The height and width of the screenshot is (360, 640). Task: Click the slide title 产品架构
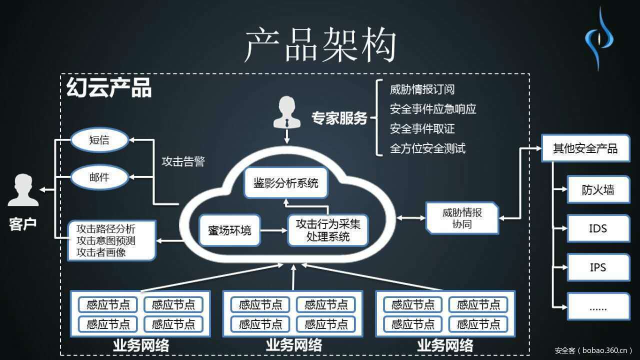click(320, 45)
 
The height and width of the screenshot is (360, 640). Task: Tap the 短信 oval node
click(99, 140)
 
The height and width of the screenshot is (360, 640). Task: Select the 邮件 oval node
click(99, 176)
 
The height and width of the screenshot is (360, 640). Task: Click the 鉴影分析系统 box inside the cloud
click(286, 183)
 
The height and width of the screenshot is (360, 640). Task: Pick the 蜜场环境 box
click(229, 230)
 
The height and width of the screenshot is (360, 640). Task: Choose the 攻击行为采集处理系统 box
click(327, 230)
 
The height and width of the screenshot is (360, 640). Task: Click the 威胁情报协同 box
click(462, 218)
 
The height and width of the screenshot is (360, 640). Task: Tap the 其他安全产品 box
click(585, 148)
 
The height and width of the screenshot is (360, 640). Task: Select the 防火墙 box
click(598, 189)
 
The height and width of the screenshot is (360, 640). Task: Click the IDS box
click(598, 228)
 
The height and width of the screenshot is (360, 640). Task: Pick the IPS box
click(598, 267)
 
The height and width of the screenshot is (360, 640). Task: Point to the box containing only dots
click(598, 306)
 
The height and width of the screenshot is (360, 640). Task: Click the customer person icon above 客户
click(23, 190)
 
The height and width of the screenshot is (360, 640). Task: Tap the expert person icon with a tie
click(287, 112)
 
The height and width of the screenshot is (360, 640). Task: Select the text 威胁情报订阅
click(422, 90)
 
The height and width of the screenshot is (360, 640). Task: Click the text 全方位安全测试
click(427, 148)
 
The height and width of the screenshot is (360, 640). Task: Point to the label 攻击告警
click(183, 162)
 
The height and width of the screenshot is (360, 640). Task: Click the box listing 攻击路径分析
click(112, 240)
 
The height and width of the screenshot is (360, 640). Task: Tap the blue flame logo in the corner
click(599, 37)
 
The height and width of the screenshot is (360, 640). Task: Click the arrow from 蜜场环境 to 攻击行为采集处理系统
click(274, 230)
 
